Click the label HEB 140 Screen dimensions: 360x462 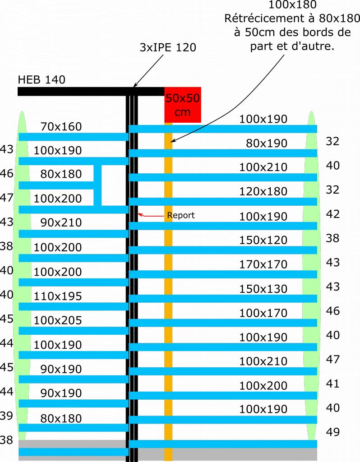click(x=42, y=80)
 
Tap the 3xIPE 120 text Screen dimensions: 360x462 click(x=168, y=47)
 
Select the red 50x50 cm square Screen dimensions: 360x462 click(x=182, y=105)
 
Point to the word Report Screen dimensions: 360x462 click(x=180, y=215)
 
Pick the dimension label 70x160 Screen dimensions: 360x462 click(x=61, y=127)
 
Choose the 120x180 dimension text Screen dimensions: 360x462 click(x=263, y=192)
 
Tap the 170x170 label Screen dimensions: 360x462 click(x=263, y=264)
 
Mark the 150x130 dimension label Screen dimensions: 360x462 click(x=263, y=289)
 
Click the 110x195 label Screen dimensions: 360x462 click(x=58, y=296)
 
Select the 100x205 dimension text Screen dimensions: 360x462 click(x=58, y=321)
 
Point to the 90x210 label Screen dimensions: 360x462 click(x=61, y=222)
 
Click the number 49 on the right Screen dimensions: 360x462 click(x=332, y=432)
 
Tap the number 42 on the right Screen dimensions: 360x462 click(x=332, y=214)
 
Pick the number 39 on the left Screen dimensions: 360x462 click(x=6, y=416)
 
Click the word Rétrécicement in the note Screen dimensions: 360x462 click(x=258, y=19)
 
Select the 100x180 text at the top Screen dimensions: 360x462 click(x=292, y=5)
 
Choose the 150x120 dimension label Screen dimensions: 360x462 click(x=263, y=240)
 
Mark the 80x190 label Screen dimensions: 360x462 click(x=266, y=143)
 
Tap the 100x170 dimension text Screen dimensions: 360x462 click(x=263, y=313)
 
